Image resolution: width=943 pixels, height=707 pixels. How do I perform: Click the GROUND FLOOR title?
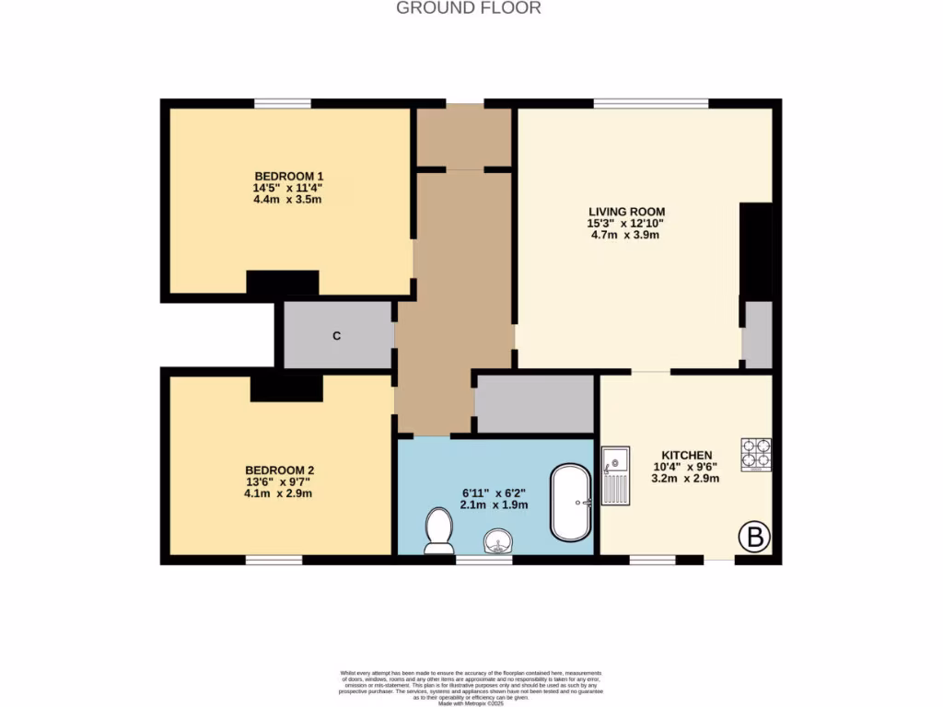(468, 8)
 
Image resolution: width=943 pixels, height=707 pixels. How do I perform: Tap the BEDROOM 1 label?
(288, 176)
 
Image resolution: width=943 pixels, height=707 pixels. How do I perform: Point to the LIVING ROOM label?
(626, 212)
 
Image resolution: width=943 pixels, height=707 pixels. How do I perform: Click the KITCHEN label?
(686, 455)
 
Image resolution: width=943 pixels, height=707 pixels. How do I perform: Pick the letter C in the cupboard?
(337, 336)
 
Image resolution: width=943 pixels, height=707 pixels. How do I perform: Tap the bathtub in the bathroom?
(573, 503)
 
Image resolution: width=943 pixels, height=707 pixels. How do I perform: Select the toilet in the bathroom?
(438, 531)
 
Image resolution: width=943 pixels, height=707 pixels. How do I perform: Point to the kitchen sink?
(615, 476)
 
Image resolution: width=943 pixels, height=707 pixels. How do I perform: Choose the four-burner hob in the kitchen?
(756, 453)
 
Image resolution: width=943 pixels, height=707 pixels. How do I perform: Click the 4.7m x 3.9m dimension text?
(626, 236)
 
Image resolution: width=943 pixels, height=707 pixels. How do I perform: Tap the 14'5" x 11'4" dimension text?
(288, 188)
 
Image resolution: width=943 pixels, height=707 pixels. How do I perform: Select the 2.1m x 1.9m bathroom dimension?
(494, 504)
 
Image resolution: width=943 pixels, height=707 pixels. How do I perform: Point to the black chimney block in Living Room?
(756, 250)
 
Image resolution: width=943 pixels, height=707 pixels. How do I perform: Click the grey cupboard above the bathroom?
(534, 403)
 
